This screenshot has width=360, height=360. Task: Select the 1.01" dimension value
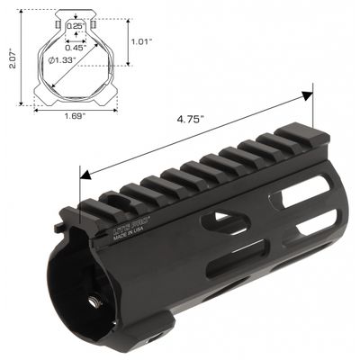(141, 40)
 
